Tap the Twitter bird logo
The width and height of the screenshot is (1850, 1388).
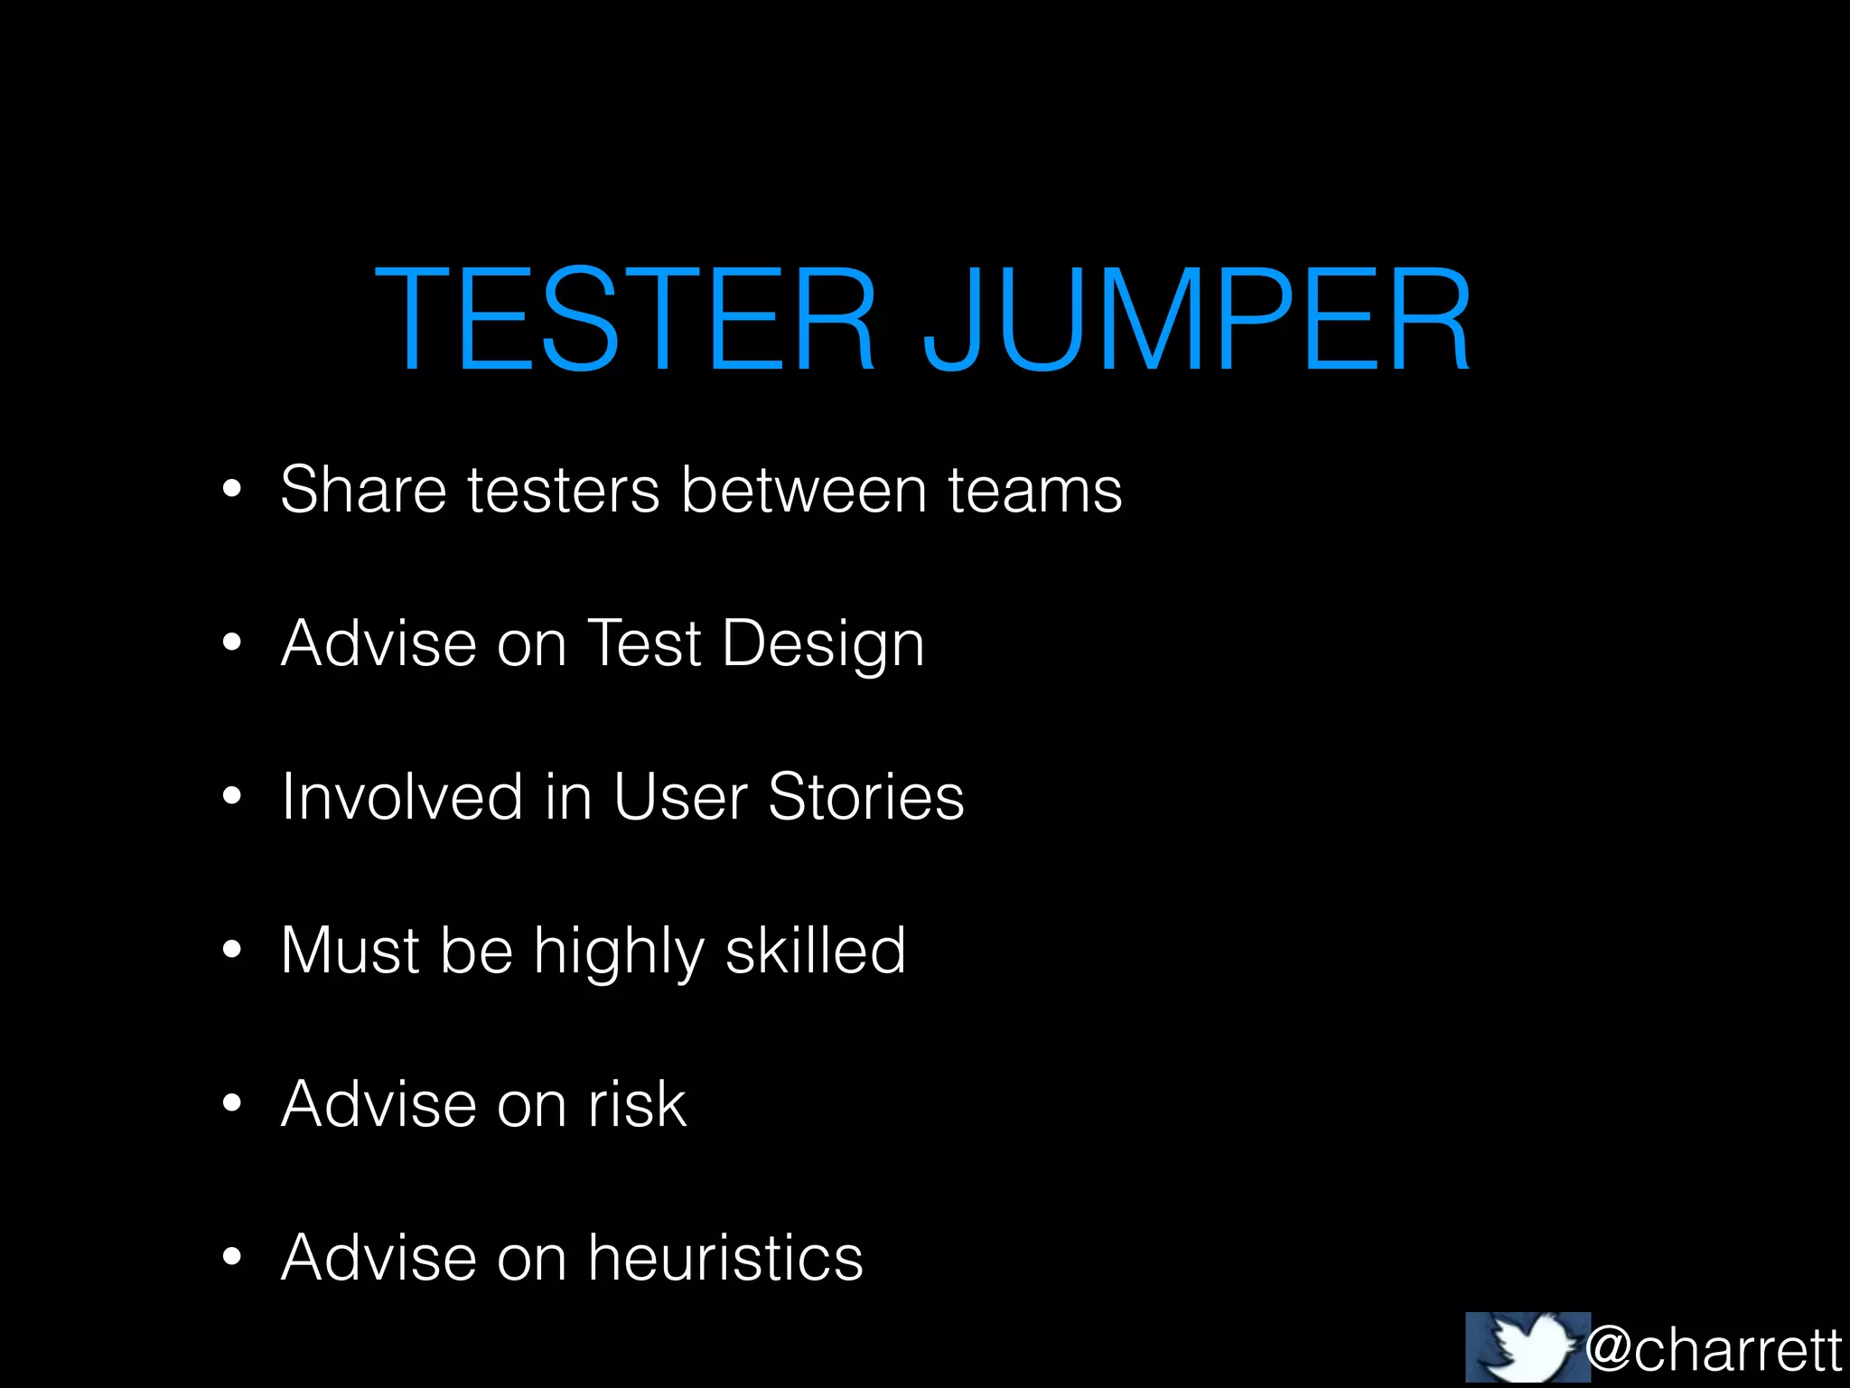(x=1528, y=1347)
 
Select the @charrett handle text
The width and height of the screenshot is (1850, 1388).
(x=1714, y=1349)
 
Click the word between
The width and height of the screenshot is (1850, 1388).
(x=804, y=490)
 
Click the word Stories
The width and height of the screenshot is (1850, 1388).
(x=866, y=797)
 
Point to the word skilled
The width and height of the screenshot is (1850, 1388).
(x=815, y=951)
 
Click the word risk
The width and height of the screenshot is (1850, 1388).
(x=638, y=1104)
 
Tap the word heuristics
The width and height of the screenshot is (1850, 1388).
(x=725, y=1258)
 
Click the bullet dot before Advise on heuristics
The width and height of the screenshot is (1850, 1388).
(x=232, y=1256)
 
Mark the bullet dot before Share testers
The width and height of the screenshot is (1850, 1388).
(x=232, y=488)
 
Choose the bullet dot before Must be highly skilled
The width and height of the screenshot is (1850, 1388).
(x=232, y=949)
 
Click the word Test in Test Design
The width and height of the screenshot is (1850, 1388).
(x=644, y=643)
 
